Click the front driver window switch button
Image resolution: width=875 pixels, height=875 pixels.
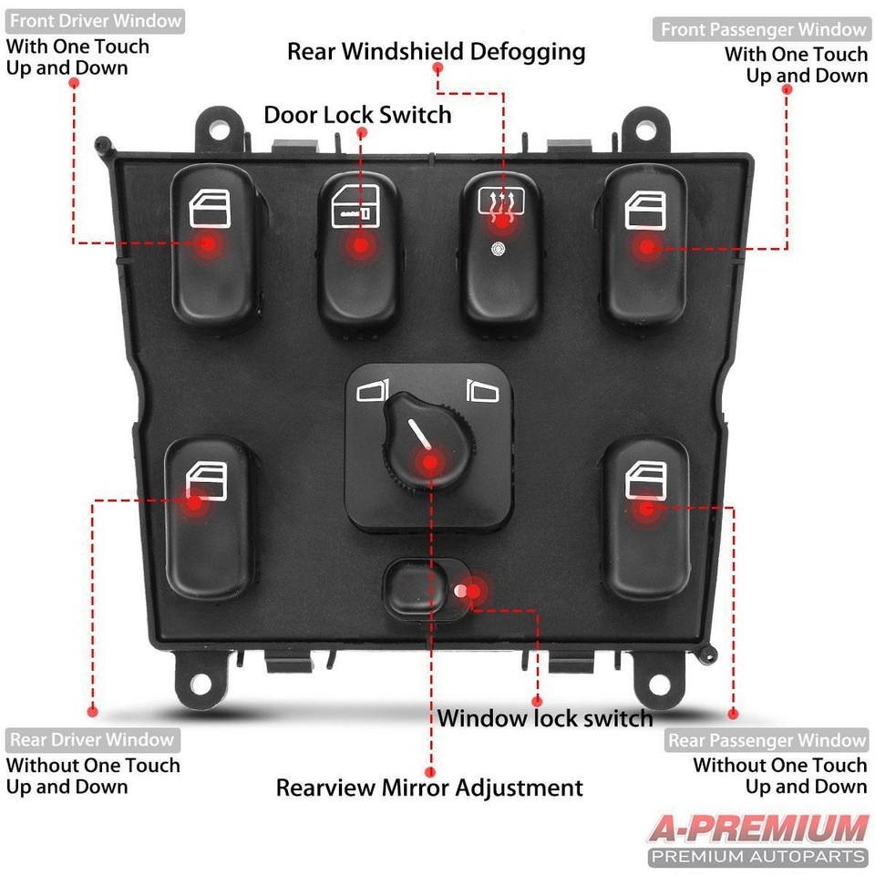214,246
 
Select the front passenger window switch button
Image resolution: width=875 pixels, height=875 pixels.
645,246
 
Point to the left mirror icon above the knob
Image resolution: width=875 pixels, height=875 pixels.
373,392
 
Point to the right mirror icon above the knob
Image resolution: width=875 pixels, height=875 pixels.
482,392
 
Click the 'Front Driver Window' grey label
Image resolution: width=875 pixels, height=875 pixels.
95,20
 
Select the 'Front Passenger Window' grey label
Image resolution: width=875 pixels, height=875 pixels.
763,29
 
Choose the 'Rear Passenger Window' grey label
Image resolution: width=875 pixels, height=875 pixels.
766,740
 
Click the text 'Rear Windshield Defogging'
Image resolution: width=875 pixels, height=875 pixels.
436,51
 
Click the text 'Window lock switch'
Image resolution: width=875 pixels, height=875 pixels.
545,718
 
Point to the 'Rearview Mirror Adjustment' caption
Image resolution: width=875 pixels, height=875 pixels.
429,787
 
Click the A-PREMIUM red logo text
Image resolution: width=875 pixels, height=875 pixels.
757,829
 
